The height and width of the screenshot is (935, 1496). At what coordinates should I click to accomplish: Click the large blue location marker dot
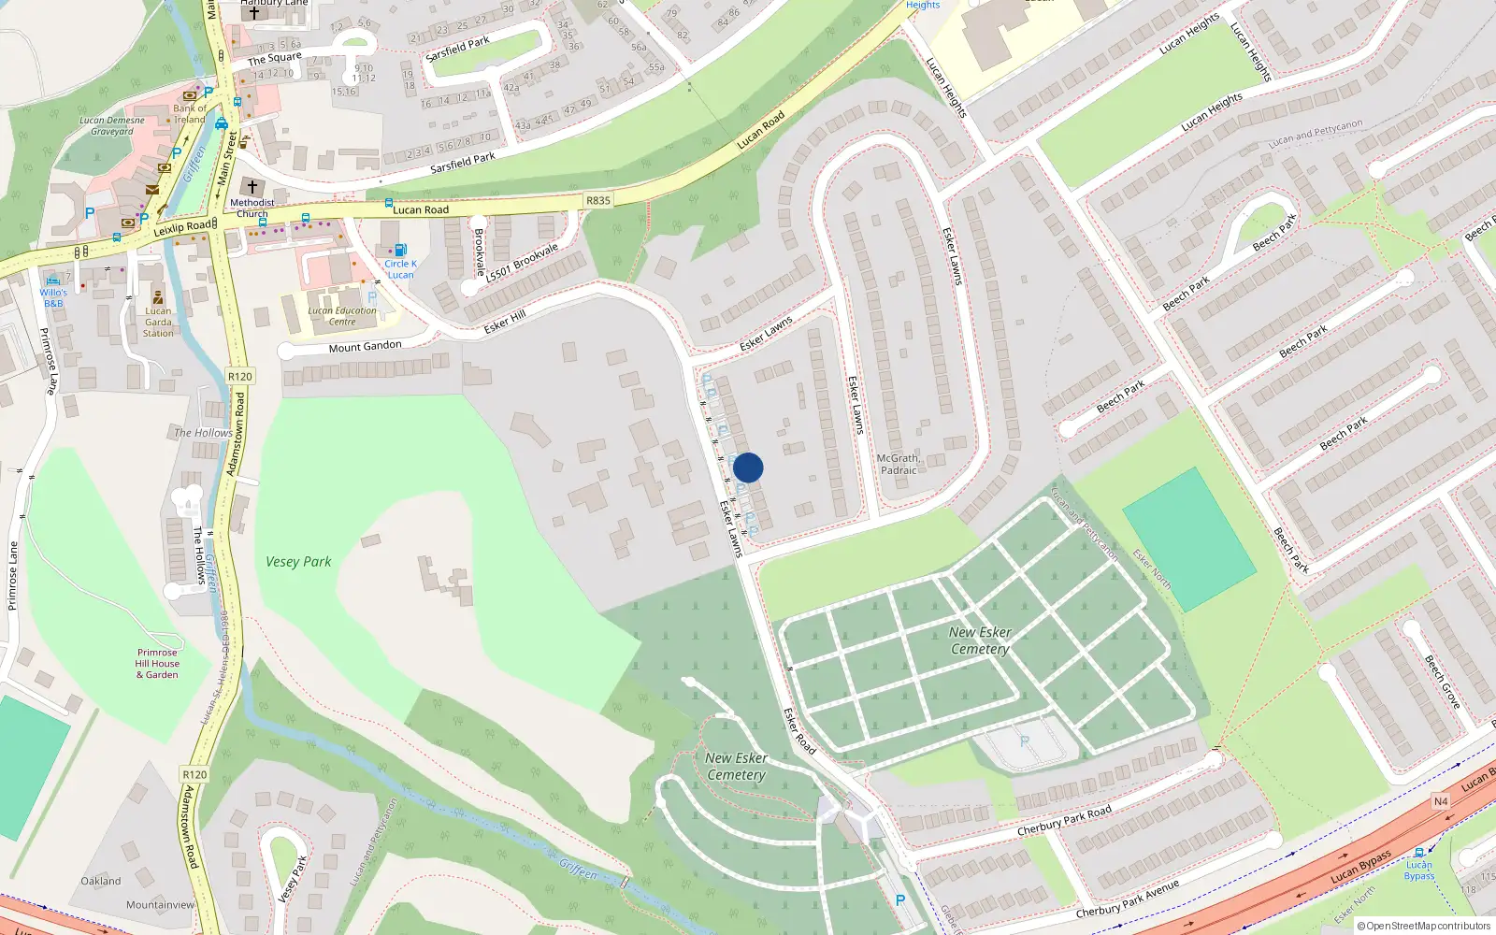748,467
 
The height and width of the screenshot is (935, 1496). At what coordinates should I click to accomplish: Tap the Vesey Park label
298,562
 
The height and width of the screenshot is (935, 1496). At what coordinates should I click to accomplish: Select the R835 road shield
597,201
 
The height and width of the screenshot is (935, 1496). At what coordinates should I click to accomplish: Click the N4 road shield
1441,801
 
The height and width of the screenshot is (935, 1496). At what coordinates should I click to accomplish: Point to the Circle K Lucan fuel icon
400,250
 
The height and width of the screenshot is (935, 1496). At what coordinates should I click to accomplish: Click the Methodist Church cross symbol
252,187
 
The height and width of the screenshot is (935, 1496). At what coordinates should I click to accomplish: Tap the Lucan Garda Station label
158,322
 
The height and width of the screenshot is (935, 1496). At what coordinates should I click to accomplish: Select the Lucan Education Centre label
342,316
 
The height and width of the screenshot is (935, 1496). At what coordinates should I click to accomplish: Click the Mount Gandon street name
365,347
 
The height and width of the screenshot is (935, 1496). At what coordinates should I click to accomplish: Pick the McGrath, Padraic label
899,464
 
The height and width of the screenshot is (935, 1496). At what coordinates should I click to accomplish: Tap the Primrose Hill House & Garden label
157,664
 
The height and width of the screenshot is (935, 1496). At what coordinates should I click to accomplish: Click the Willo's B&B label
53,297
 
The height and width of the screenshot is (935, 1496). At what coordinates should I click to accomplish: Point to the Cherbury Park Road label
1064,820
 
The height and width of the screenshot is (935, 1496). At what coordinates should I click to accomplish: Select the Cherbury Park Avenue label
1127,898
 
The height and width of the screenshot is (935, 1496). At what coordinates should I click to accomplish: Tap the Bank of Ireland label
190,114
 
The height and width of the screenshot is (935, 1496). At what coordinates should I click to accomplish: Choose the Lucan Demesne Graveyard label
112,125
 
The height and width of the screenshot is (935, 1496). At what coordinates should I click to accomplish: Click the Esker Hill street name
505,322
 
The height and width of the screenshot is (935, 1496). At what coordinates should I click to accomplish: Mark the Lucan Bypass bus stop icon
1419,852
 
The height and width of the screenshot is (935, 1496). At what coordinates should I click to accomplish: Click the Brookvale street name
480,252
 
